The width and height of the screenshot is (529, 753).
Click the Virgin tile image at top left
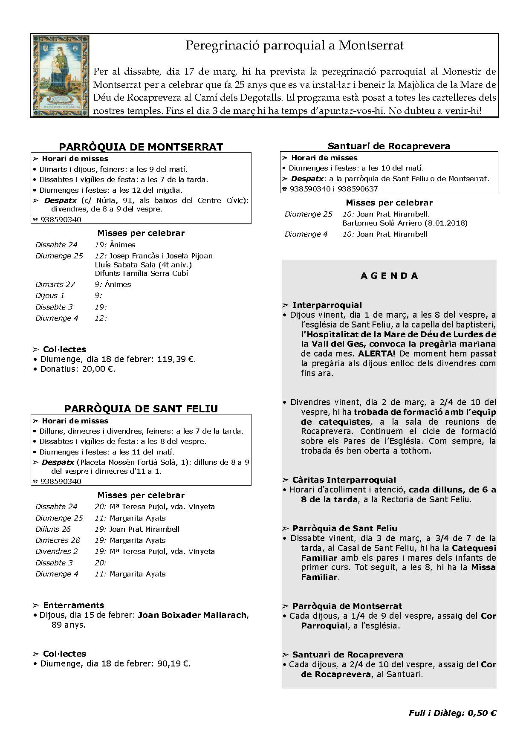coord(61,75)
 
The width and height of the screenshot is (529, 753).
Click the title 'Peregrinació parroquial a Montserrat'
coord(295,46)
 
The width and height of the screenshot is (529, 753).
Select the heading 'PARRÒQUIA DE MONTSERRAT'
coord(141,147)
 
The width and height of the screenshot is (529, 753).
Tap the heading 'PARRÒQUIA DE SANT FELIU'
coord(141,409)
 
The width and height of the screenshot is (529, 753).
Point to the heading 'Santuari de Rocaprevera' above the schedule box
coord(389,146)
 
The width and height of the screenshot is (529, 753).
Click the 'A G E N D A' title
coord(389,276)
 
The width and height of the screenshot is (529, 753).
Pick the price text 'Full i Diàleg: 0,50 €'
coord(452,713)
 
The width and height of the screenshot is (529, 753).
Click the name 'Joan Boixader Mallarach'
coord(192,615)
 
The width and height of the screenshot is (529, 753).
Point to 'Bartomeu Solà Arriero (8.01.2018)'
coord(405,223)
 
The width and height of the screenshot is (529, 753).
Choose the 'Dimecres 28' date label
coord(58,540)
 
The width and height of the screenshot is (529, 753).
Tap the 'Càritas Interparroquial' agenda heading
coord(344,480)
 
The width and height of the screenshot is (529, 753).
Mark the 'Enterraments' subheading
coord(73,605)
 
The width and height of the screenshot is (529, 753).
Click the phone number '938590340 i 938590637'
coord(333,189)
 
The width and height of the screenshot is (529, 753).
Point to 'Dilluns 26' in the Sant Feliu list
coord(53,529)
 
